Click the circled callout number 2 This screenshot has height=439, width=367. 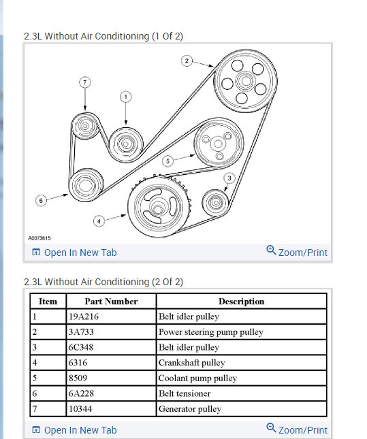click(x=187, y=61)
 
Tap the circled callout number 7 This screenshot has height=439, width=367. click(x=85, y=82)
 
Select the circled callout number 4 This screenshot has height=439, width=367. click(x=99, y=221)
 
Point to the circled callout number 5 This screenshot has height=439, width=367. click(x=167, y=161)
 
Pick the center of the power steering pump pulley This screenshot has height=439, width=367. click(x=246, y=81)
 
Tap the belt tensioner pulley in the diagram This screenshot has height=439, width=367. click(x=86, y=185)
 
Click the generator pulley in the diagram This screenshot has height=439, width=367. click(x=85, y=126)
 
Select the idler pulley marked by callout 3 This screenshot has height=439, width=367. click(x=215, y=202)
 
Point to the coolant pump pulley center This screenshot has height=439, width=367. click(x=218, y=144)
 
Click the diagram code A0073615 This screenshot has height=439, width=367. click(x=39, y=238)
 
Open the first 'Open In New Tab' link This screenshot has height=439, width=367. click(x=74, y=253)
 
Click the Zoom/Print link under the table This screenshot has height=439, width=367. click(x=297, y=429)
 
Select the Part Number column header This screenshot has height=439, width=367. click(x=111, y=302)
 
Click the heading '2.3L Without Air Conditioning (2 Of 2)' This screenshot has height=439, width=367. click(x=103, y=282)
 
